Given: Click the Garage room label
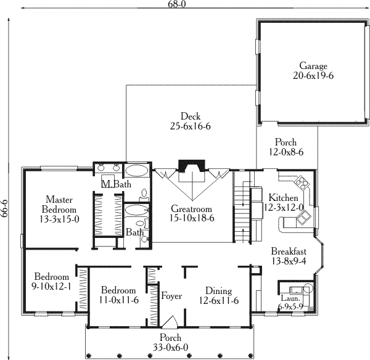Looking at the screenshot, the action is point(313,65).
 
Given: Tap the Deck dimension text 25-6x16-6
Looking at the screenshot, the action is point(190,126).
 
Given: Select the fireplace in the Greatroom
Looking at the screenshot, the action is point(192,166).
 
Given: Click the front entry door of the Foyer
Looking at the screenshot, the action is point(170,322).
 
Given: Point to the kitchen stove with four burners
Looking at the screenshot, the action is point(302,182).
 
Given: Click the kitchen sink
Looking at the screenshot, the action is point(303,218).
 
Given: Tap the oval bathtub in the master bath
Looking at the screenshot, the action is point(136,171).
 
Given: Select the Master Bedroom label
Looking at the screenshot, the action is point(59,205).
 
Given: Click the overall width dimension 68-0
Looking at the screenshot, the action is point(177,4).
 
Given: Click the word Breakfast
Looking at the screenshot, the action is point(289,251).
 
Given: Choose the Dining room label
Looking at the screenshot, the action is point(218,290).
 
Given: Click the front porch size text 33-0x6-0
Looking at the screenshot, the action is point(170,347).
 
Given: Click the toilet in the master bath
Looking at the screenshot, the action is point(144,195).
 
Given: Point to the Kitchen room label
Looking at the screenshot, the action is point(283,197).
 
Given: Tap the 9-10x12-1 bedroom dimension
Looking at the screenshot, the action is point(51,287).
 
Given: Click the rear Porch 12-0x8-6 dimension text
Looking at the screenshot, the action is point(286,152).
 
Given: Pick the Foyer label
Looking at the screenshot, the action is point(171,296).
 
